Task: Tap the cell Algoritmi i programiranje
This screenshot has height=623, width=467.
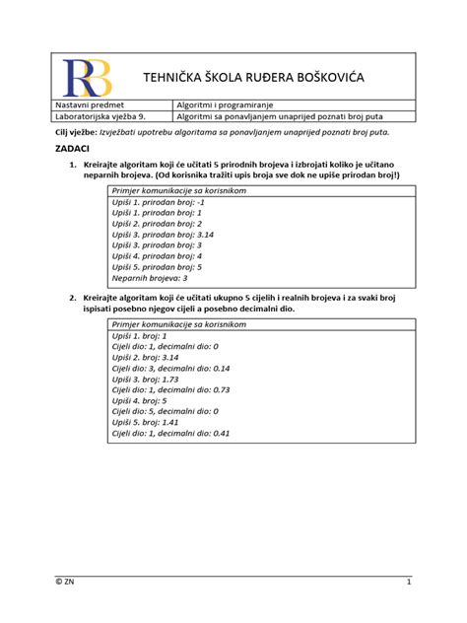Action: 225,104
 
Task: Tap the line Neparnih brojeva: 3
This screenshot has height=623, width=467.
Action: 150,279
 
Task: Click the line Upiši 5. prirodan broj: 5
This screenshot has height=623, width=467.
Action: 158,267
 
